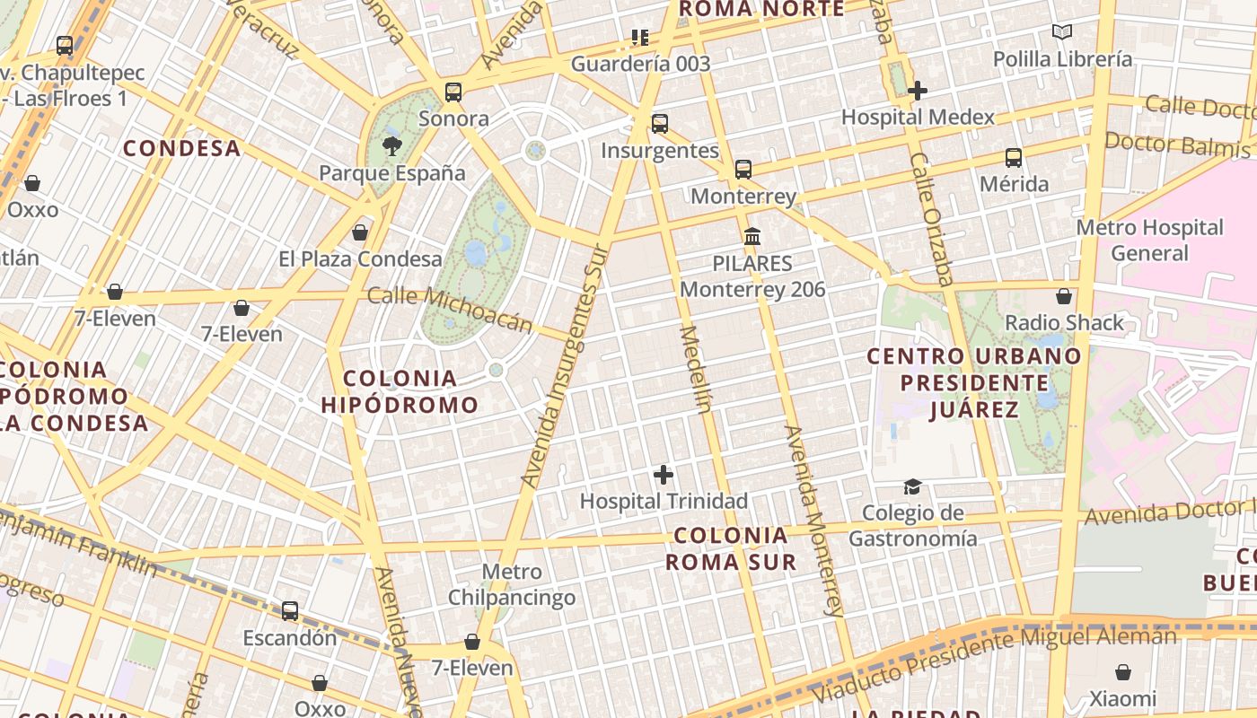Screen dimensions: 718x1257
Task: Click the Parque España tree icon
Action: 391,145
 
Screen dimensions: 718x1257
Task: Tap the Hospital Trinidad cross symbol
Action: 664,475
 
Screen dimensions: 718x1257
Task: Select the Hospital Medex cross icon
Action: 917,91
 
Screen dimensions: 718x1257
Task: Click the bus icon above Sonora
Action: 453,92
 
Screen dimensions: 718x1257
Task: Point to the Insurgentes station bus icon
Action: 660,124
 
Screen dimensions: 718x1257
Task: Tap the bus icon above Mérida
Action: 1014,158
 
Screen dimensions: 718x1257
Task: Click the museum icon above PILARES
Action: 752,237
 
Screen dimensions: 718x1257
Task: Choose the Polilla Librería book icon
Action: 1062,32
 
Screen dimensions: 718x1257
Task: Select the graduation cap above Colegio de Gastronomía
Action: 912,486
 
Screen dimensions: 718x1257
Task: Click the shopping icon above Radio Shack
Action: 1064,296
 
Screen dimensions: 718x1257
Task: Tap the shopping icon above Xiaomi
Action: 1122,672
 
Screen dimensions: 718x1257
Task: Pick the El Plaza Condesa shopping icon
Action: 360,232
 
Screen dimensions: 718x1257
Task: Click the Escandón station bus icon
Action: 290,611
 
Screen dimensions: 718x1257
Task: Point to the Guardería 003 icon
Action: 639,38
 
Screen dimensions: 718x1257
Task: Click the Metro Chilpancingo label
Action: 512,584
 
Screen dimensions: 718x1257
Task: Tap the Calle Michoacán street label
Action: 450,310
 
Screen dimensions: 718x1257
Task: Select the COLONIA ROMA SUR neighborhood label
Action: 730,548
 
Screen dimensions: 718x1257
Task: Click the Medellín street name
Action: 696,368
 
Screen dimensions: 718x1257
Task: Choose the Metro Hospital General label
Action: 1149,240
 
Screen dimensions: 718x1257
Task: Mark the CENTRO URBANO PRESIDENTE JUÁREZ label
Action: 974,383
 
